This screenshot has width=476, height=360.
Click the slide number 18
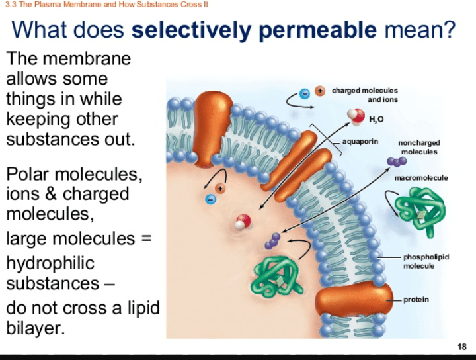point(461,347)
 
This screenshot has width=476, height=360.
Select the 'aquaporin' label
point(360,142)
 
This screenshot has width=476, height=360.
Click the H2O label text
point(376,119)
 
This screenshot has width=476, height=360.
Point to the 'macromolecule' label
point(421,178)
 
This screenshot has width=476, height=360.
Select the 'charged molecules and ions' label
point(365,95)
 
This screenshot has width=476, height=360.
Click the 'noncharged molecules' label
point(418,147)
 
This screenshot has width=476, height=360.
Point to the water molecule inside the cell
point(244,222)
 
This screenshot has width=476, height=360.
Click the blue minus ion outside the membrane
point(305,93)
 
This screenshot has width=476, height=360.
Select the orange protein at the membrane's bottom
point(358,303)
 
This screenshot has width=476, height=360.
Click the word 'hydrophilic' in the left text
point(50,263)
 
